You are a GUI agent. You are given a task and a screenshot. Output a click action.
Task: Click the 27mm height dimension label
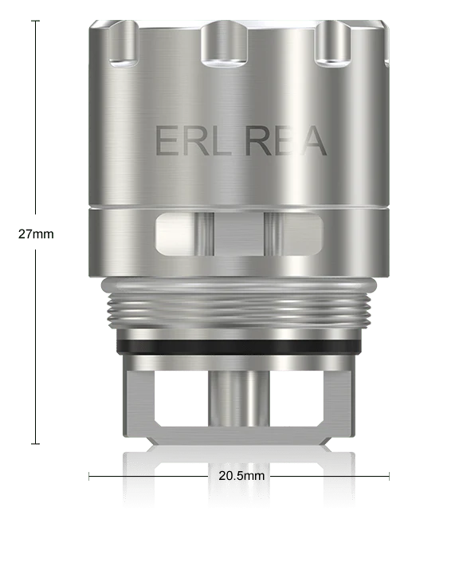point(36,234)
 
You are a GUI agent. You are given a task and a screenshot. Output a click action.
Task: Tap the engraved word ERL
point(194,140)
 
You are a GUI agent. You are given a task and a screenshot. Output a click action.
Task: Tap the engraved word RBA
point(286,140)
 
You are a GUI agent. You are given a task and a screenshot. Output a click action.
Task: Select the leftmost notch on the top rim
point(123,44)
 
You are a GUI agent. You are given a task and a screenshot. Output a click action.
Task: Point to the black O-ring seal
point(238,347)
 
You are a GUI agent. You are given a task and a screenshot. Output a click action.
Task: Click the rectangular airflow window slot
point(239,234)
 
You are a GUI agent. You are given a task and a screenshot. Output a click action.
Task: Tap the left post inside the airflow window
point(204,234)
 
